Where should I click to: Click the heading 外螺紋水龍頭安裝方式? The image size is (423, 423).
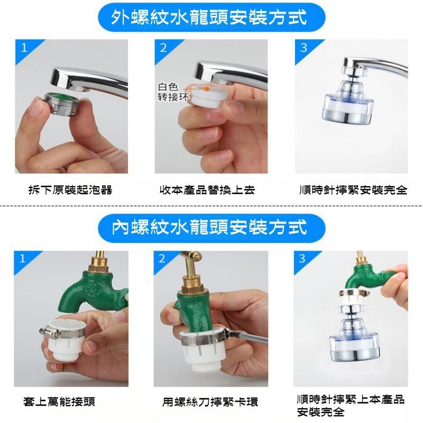(x=210, y=17)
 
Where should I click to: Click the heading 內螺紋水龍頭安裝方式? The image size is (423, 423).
(x=210, y=228)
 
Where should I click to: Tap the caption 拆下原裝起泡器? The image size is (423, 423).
(x=70, y=190)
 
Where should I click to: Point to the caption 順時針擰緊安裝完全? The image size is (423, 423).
(x=353, y=190)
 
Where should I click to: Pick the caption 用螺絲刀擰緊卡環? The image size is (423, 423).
(x=210, y=402)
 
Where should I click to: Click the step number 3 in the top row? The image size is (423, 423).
(x=304, y=48)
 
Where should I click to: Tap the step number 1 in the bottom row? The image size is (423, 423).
(x=22, y=259)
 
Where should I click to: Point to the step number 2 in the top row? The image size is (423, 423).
(x=163, y=48)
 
